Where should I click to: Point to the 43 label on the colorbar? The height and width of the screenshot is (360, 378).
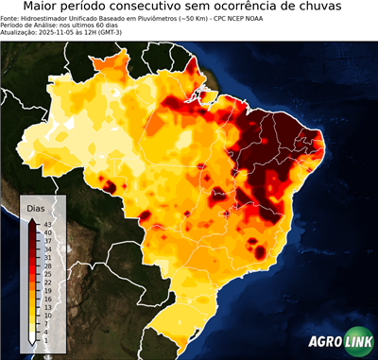47,223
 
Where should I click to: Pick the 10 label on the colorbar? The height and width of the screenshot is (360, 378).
47,315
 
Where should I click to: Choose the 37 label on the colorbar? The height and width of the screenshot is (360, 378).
47,240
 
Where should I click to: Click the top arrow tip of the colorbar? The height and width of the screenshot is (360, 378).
34,219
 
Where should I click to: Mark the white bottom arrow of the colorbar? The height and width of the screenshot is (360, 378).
34,338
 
